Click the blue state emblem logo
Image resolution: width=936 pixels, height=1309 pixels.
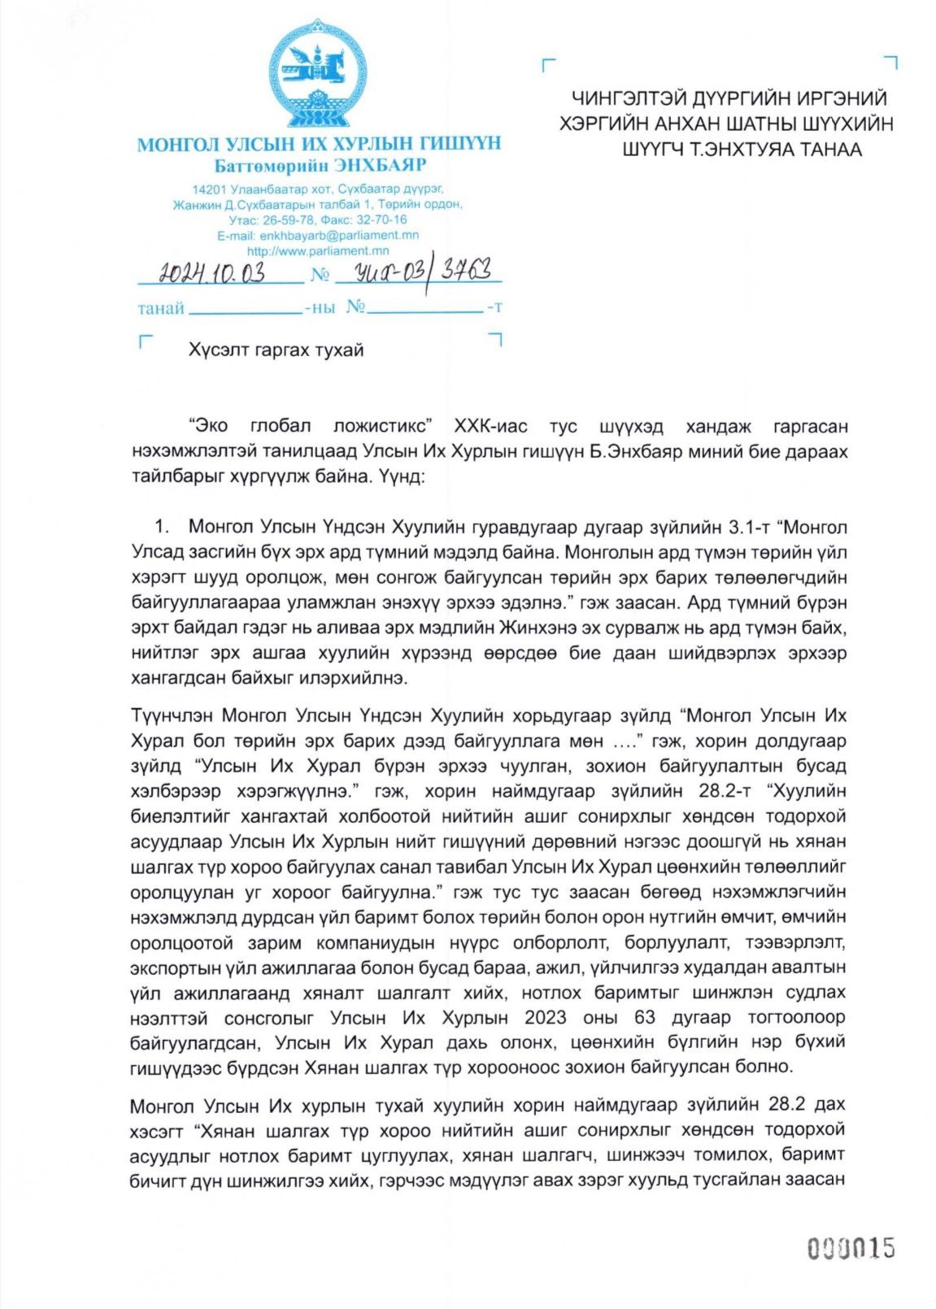click(x=317, y=73)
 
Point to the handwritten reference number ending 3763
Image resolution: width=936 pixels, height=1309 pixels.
click(x=423, y=268)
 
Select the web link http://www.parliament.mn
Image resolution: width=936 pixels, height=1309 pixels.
click(x=317, y=250)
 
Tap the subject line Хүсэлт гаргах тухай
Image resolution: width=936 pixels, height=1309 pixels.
click(x=276, y=350)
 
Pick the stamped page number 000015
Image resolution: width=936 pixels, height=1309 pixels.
click(x=850, y=1248)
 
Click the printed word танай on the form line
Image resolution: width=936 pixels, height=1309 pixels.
click(x=161, y=308)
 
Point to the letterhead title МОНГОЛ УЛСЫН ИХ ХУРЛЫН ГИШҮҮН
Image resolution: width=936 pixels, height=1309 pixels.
click(x=319, y=145)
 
